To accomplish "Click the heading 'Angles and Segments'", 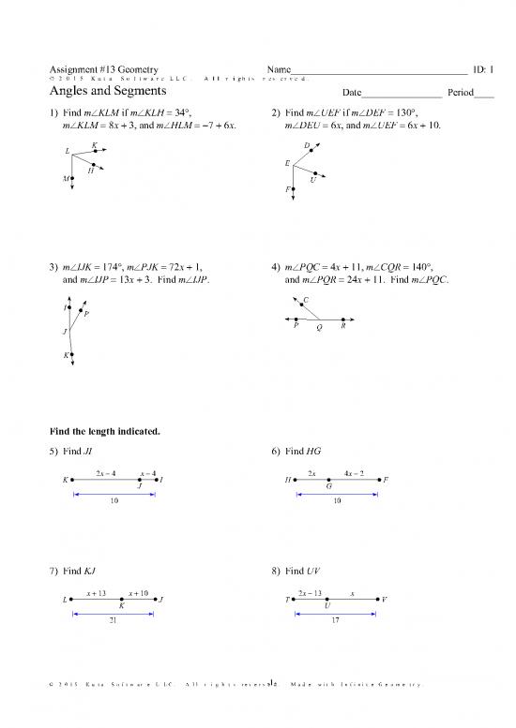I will coord(108,92).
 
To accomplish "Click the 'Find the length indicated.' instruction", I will coord(105,432).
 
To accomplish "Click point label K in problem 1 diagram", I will coord(95,144).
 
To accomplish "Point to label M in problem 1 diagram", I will coord(66,178).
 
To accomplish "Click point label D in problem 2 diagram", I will coord(308,144).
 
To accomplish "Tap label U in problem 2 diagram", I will coord(311,181).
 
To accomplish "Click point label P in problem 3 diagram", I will coord(87,314).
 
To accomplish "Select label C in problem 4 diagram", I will coord(307,299).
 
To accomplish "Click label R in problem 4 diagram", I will coord(343,326).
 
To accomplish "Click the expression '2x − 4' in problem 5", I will coord(106,472).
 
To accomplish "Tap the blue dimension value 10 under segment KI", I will coord(114,501).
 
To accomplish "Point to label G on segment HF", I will coord(328,486).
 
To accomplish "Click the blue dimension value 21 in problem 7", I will coord(114,621).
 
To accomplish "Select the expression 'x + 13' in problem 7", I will coord(96,592).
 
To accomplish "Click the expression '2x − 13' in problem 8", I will coord(310,592).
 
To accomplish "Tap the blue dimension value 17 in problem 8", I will coord(335,621).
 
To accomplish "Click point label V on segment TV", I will coord(385,599).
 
